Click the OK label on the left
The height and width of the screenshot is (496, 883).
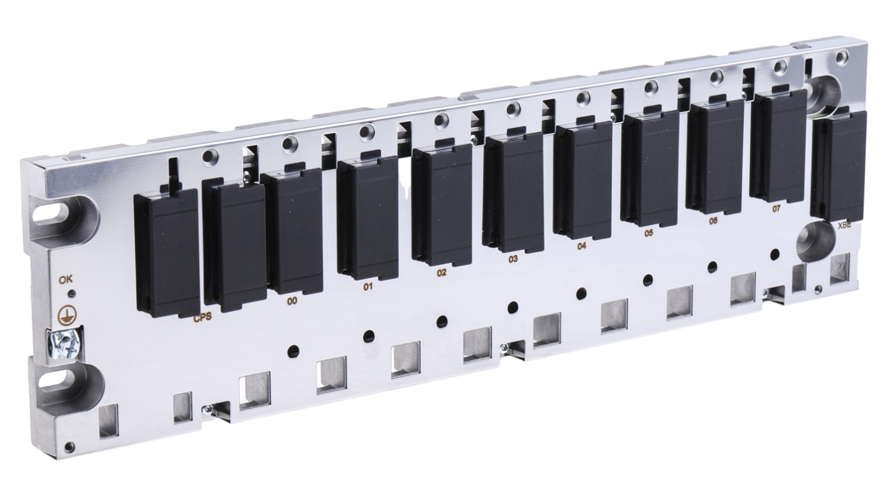[65, 280]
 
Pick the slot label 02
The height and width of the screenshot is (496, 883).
[441, 273]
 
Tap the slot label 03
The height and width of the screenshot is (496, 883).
[513, 259]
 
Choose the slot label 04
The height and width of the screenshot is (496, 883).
[581, 246]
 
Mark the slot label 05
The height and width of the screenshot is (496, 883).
[649, 233]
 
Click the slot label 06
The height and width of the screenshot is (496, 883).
[713, 221]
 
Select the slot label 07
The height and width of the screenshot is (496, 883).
[776, 209]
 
